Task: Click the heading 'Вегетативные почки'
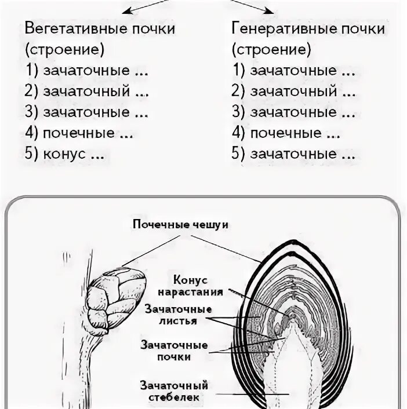99,28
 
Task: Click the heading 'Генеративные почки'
308,28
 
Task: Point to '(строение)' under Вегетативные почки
64,49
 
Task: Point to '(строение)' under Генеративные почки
271,49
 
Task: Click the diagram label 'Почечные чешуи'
180,225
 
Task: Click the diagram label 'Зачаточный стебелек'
174,391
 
